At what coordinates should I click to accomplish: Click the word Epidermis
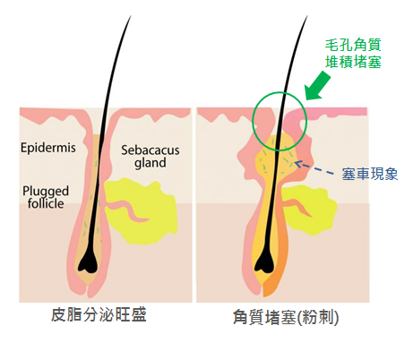(x=48, y=148)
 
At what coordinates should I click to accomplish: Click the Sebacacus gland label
(x=151, y=157)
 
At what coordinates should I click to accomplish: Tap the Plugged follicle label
(x=46, y=197)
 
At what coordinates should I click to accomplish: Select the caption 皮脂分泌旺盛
(x=99, y=314)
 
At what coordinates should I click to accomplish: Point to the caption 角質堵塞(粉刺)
(x=286, y=317)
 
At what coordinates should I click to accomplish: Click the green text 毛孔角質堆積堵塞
(x=353, y=54)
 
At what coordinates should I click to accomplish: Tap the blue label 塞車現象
(x=370, y=174)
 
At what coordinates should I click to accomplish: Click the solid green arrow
(x=318, y=86)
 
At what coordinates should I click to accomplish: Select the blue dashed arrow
(x=314, y=167)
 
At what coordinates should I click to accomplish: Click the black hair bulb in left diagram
(x=88, y=263)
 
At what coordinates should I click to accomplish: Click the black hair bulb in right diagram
(x=264, y=263)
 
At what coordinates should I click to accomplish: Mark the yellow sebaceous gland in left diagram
(x=141, y=210)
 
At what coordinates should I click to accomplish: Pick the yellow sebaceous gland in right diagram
(x=307, y=209)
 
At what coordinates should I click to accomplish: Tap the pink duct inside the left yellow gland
(x=127, y=211)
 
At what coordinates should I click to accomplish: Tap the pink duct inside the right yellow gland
(x=297, y=207)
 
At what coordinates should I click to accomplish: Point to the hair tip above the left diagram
(x=131, y=16)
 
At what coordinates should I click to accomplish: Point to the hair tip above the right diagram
(x=307, y=16)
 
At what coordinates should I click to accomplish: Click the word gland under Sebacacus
(x=151, y=163)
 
